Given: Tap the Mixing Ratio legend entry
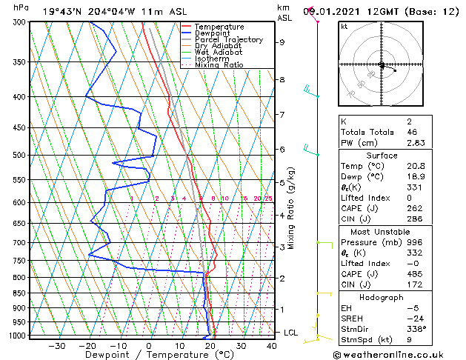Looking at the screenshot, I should click(x=219, y=65).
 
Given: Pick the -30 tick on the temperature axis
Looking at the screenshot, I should click(x=56, y=345).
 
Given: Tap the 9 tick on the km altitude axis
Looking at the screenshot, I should click(x=282, y=42).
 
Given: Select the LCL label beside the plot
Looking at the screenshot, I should click(x=291, y=333).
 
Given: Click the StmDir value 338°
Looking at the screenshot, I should click(x=394, y=329).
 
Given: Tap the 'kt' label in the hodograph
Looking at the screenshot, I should click(x=344, y=27).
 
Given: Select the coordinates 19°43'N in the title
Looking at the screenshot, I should click(x=65, y=11).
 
